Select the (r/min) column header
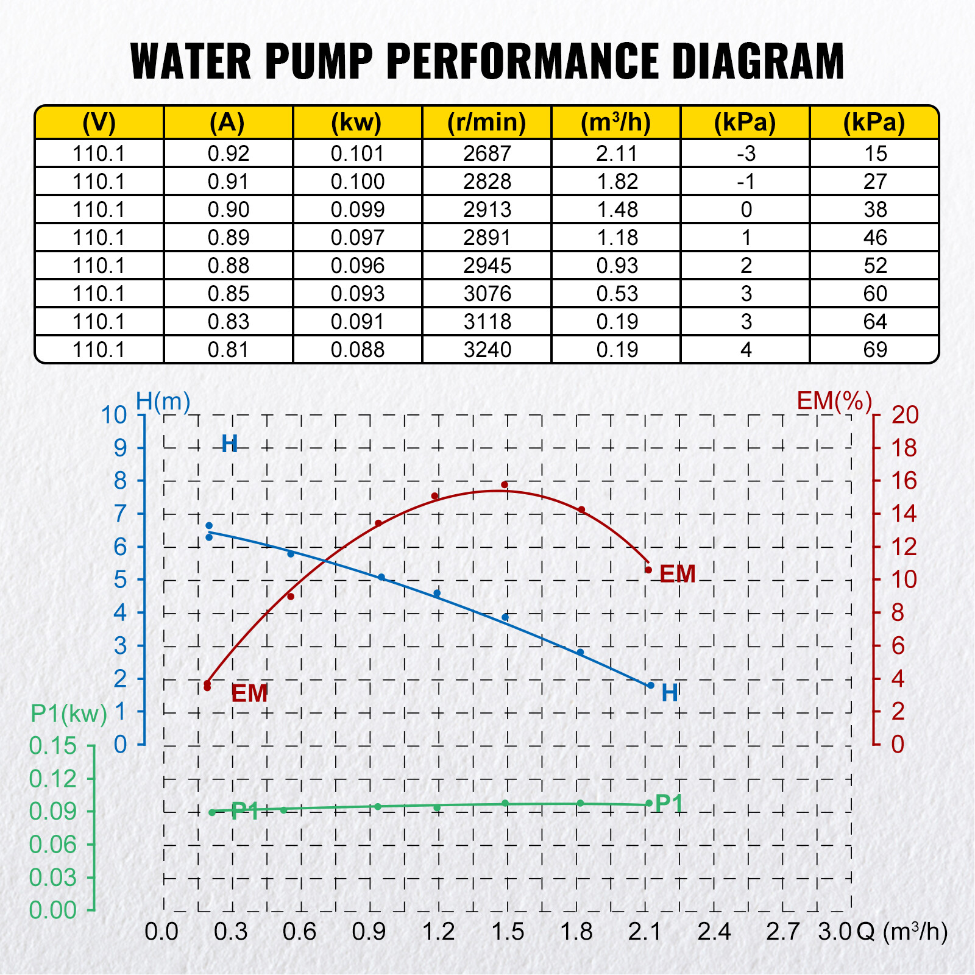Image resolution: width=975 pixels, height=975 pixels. pyautogui.click(x=486, y=122)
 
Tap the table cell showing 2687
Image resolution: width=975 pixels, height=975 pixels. pyautogui.click(x=486, y=154)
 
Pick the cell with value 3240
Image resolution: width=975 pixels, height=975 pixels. pyautogui.click(x=486, y=350)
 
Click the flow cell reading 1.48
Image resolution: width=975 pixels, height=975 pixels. pyautogui.click(x=617, y=210)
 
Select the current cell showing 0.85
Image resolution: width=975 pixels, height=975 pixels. pyautogui.click(x=228, y=294)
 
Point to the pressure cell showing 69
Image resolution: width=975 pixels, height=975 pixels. pyautogui.click(x=875, y=350)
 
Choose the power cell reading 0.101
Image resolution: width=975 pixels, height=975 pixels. pyautogui.click(x=357, y=154)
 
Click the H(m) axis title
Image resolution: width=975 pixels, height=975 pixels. pyautogui.click(x=163, y=402)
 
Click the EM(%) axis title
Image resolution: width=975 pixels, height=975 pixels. pyautogui.click(x=834, y=401)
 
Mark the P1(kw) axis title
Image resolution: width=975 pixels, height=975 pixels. pyautogui.click(x=69, y=713)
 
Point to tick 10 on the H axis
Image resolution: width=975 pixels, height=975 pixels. pyautogui.click(x=114, y=415)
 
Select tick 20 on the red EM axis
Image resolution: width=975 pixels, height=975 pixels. pyautogui.click(x=904, y=415)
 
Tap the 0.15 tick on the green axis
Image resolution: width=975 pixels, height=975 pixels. pyautogui.click(x=53, y=746)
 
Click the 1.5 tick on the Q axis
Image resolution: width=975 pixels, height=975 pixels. pyautogui.click(x=507, y=931)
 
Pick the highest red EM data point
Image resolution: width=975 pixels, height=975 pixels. pyautogui.click(x=505, y=485)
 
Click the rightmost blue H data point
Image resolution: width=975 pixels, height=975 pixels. pyautogui.click(x=651, y=686)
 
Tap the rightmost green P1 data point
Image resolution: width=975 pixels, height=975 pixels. pyautogui.click(x=649, y=803)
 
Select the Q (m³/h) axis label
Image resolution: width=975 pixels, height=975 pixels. pyautogui.click(x=902, y=931)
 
